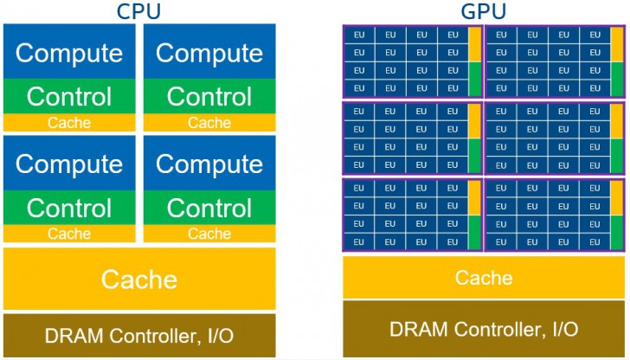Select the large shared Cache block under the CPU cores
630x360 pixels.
pos(139,279)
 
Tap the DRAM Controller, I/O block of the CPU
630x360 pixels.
pos(139,335)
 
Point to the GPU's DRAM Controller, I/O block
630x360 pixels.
pos(484,329)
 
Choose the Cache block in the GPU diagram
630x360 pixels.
pos(484,278)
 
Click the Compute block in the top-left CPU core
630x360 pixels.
pos(69,53)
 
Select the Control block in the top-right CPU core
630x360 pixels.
pos(209,96)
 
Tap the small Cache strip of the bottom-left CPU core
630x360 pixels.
pos(69,234)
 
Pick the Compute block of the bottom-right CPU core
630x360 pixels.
pos(209,163)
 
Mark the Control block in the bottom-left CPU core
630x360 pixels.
pos(69,208)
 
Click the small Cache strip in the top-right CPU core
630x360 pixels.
pos(209,123)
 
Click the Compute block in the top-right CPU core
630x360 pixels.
pos(209,53)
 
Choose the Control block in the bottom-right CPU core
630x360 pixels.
pos(209,208)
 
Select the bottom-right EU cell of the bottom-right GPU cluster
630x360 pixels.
pos(594,242)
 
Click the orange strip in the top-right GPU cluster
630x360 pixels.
pos(615,44)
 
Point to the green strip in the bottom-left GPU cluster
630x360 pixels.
pos(474,234)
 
